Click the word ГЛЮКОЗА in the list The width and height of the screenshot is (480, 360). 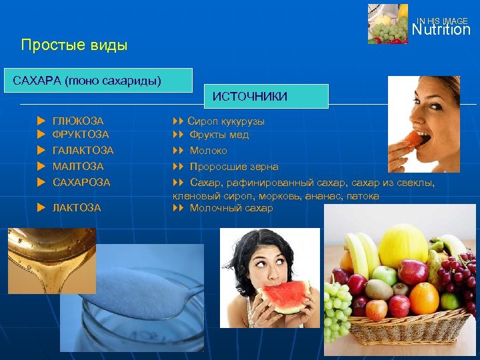pyautogui.click(x=78, y=121)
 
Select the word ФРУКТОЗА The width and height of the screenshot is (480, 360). pyautogui.click(x=80, y=135)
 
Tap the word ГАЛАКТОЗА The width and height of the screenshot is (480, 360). pyautogui.click(x=83, y=151)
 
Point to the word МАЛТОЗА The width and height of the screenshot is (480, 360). pyautogui.click(x=77, y=167)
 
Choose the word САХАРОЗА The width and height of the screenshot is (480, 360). pyautogui.click(x=81, y=182)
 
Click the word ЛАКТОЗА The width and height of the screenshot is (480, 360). pyautogui.click(x=77, y=208)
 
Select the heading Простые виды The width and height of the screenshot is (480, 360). pyautogui.click(x=74, y=45)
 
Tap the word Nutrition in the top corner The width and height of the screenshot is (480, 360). pyautogui.click(x=441, y=30)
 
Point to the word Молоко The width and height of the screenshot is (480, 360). pyautogui.click(x=208, y=151)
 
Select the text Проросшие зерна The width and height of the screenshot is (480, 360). pyautogui.click(x=234, y=167)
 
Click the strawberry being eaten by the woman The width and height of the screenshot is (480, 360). pyautogui.click(x=415, y=139)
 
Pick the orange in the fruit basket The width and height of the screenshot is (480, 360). pyautogui.click(x=424, y=297)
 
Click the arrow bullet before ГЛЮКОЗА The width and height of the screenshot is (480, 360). pyautogui.click(x=41, y=121)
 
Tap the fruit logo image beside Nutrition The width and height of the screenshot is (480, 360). pyautogui.click(x=387, y=24)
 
